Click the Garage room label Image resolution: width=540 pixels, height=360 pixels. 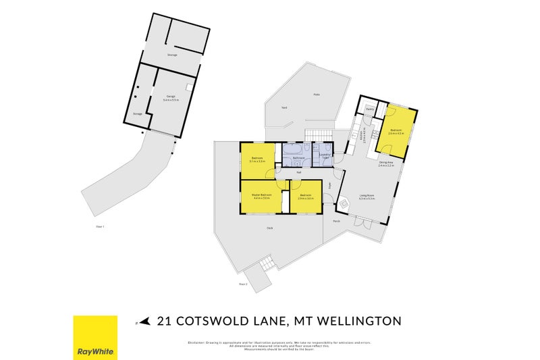[x=169, y=97]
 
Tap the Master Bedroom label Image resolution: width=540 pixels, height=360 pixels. [x=262, y=197]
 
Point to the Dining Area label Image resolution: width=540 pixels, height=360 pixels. [x=386, y=163]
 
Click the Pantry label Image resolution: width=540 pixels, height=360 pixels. [x=370, y=109]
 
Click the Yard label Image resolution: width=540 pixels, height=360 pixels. [x=285, y=108]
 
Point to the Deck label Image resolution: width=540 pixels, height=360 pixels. [x=269, y=228]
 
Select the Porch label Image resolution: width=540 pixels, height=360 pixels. [x=336, y=220]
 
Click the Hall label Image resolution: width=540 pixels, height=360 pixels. [x=298, y=172]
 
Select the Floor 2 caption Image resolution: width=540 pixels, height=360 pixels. [x=243, y=284]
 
